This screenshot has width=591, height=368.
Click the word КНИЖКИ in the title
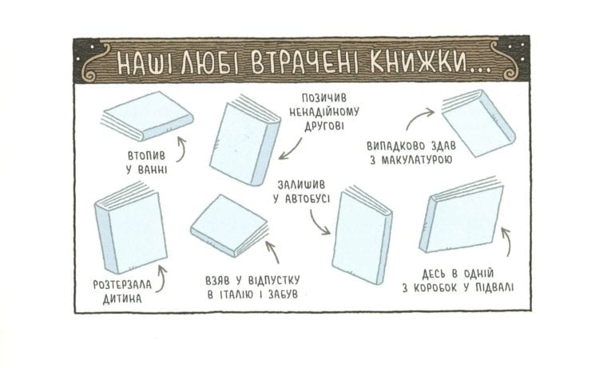coord(417,62)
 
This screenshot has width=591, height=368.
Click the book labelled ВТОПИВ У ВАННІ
coord(147,115)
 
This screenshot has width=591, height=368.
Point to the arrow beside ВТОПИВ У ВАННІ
coord(182,150)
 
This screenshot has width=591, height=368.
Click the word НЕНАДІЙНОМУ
coord(323,112)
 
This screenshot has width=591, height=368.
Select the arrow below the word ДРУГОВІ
coord(291,150)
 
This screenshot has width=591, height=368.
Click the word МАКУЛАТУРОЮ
coord(416,160)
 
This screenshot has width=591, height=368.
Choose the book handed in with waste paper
coord(478,122)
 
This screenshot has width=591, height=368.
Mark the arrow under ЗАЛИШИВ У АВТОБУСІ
coord(318,223)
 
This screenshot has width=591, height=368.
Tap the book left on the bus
coord(361,234)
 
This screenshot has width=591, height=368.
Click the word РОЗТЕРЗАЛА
coord(122,285)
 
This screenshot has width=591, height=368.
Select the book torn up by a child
coord(130,227)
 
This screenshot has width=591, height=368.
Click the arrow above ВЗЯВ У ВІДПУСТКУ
coord(273,251)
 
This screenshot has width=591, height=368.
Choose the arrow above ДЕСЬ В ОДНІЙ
coord(507,242)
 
